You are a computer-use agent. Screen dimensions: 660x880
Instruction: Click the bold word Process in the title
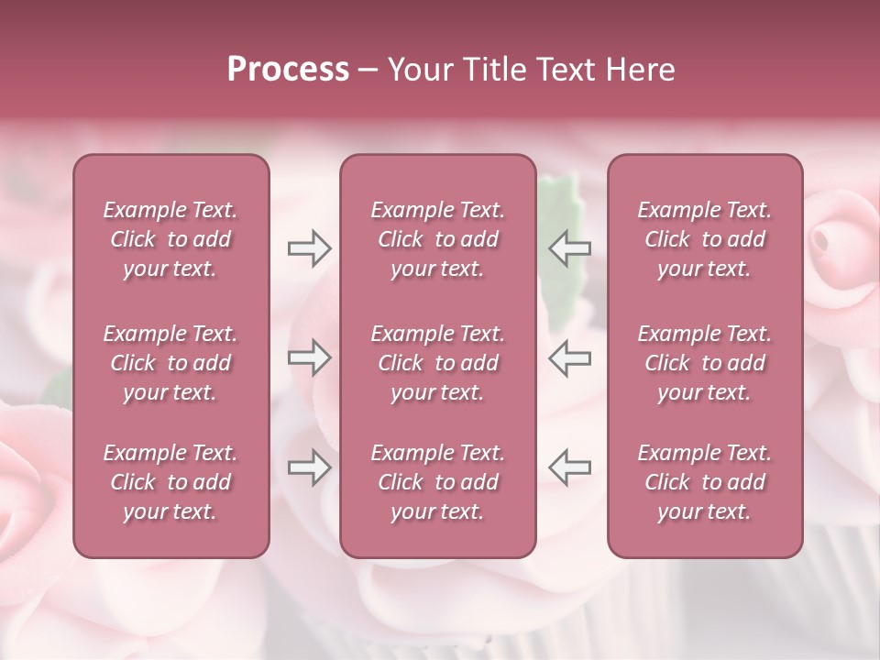click(288, 70)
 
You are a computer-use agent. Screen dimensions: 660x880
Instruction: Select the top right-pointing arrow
click(309, 248)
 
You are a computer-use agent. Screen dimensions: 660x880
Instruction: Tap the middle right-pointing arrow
click(309, 357)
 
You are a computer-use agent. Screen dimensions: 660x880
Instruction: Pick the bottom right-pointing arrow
click(309, 467)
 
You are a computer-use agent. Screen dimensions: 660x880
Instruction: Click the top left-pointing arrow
click(570, 248)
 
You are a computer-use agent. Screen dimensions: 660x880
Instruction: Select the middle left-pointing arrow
click(570, 357)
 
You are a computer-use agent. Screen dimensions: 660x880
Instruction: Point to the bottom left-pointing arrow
click(570, 467)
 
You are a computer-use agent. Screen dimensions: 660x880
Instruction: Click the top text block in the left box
click(170, 239)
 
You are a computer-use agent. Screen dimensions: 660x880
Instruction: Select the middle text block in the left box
click(170, 363)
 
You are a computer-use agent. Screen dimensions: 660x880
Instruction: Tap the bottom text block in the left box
click(170, 482)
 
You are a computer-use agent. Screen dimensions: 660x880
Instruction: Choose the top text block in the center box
click(437, 239)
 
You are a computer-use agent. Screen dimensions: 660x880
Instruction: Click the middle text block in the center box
click(437, 363)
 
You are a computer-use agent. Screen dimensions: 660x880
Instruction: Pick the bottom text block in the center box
click(437, 482)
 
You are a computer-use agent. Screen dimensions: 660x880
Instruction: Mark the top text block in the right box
click(704, 239)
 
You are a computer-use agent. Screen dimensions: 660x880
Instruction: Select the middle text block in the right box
click(704, 363)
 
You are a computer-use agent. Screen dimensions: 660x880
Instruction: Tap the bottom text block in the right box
click(704, 482)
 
